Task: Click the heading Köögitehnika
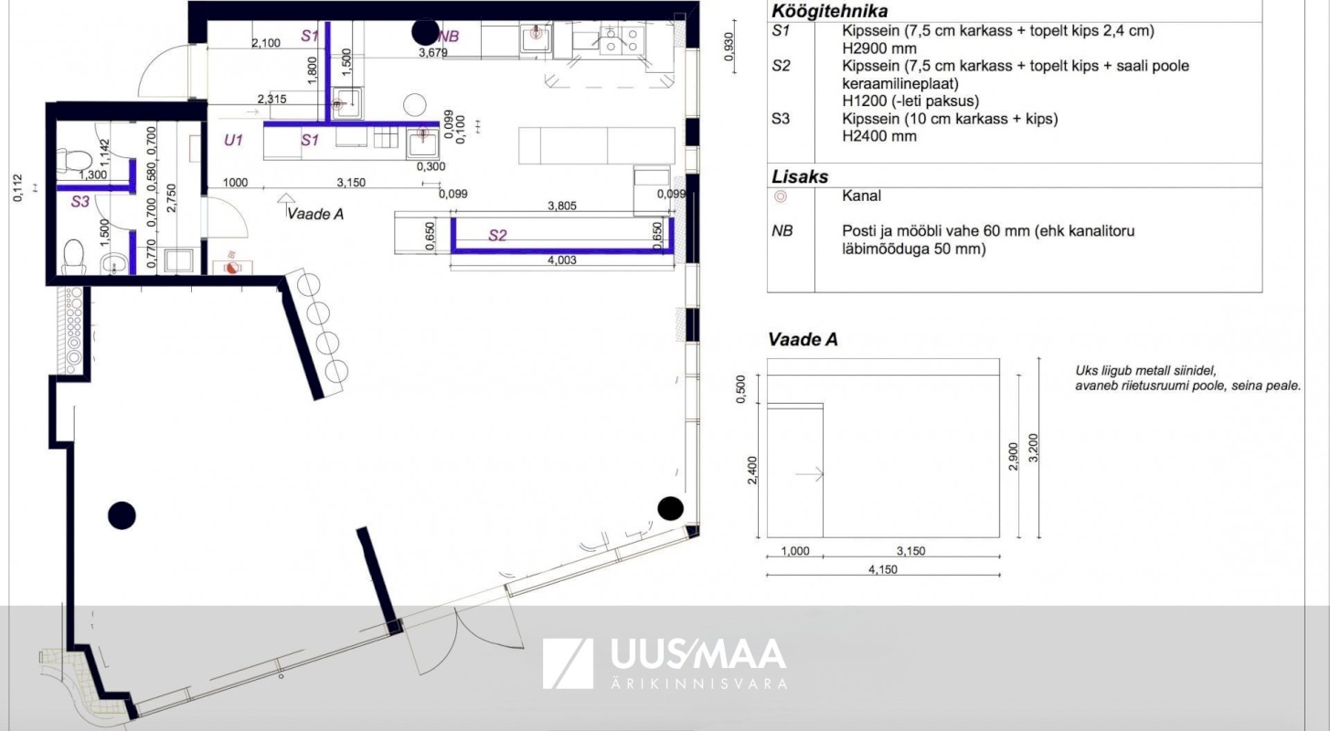tap(829, 11)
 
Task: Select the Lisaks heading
tap(799, 177)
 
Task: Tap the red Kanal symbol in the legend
tap(781, 196)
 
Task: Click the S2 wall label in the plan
tap(497, 236)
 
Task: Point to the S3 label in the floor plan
tap(80, 202)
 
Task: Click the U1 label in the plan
tap(233, 140)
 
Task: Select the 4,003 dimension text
tap(561, 260)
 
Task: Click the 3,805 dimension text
tap(561, 206)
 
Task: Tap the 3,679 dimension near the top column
tap(433, 53)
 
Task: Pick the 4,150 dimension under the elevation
tap(883, 569)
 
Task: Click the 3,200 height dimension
tap(1033, 448)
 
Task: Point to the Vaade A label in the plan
tap(315, 214)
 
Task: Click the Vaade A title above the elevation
tap(803, 339)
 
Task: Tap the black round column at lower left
tap(122, 515)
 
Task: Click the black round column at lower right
tap(670, 508)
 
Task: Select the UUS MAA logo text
tap(698, 654)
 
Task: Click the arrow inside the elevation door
tap(809, 474)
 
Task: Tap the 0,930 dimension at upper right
tap(729, 47)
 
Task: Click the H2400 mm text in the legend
tap(879, 136)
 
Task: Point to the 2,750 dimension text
tap(171, 199)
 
